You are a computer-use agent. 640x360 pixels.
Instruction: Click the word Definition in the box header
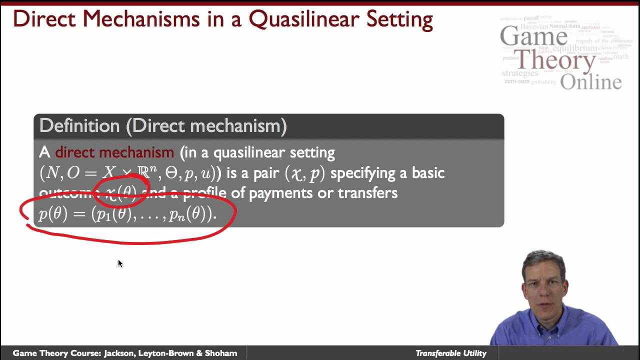79,126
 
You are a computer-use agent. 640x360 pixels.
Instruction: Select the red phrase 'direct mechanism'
114,152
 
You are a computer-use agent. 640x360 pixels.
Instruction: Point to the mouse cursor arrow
119,262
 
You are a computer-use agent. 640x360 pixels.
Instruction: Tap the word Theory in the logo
555,60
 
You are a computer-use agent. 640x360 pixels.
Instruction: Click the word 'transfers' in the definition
367,193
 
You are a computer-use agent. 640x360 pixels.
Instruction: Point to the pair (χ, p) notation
304,173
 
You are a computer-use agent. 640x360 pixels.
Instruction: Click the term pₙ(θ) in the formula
184,214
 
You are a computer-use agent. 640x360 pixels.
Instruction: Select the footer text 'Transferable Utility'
450,353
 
